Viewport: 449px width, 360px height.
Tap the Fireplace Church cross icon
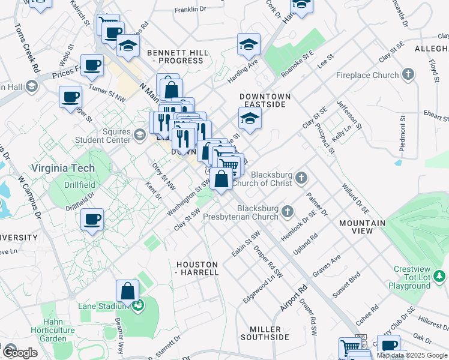point(408,75)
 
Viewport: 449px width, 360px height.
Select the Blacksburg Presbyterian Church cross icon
point(288,211)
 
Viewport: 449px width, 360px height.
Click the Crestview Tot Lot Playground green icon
point(440,275)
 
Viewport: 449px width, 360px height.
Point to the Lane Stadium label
point(104,306)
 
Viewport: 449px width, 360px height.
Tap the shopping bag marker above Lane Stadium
point(128,292)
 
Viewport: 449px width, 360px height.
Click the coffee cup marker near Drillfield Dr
point(92,220)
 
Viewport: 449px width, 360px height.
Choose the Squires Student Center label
point(103,136)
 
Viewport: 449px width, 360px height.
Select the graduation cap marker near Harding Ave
point(247,45)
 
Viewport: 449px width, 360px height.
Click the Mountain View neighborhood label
point(362,227)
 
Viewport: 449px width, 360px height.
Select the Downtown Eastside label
point(265,100)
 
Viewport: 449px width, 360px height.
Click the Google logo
point(19,352)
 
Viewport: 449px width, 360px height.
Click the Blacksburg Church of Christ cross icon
point(301,178)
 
